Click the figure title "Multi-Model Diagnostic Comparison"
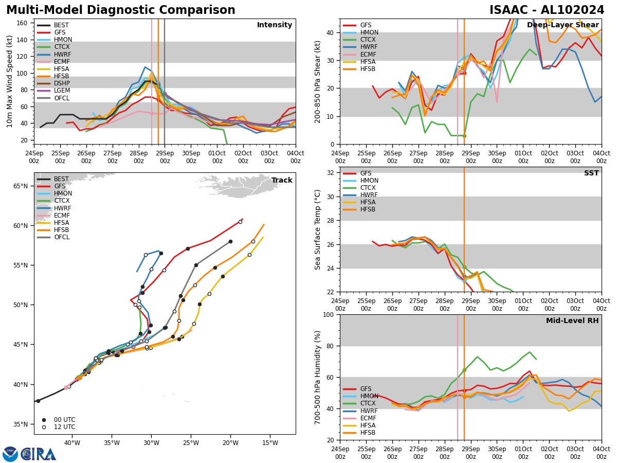click(120, 10)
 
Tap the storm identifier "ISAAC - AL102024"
click(547, 10)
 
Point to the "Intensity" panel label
click(275, 25)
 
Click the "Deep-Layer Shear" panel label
click(562, 25)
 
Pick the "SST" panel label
click(591, 173)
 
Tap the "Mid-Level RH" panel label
click(572, 321)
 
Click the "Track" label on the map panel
click(282, 181)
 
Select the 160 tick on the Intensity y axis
click(23, 23)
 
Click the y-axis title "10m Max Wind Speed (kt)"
click(9, 81)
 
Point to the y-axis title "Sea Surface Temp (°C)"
click(318, 229)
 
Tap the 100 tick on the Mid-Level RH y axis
click(328, 314)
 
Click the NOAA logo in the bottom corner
click(10, 454)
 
